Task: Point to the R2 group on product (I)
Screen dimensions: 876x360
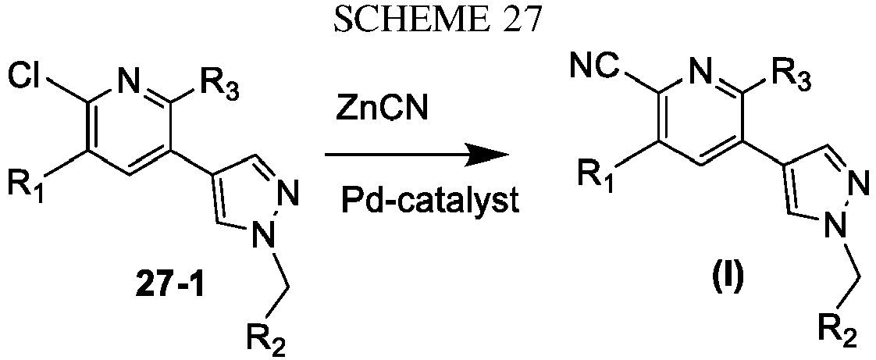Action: point(838,336)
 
